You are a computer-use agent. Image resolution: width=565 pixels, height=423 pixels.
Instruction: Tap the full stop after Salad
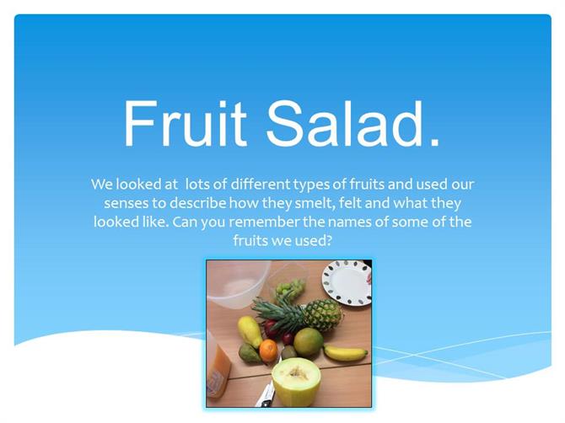435,143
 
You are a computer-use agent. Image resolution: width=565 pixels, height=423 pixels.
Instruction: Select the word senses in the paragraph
126,203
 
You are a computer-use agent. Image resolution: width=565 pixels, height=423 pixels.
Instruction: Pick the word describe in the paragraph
197,203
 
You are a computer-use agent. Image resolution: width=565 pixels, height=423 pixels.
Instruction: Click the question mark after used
328,240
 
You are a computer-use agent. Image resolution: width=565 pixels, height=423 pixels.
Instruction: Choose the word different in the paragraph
261,184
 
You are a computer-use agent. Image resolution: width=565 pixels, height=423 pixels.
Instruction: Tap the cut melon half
295,382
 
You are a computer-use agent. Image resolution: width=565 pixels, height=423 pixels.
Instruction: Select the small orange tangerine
268,351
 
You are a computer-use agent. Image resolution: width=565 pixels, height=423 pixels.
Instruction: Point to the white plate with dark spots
347,283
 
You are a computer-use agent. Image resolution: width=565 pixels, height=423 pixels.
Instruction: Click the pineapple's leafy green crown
280,313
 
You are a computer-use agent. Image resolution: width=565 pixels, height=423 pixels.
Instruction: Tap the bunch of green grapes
290,289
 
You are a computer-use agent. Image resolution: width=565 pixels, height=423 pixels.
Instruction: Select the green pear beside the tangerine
250,353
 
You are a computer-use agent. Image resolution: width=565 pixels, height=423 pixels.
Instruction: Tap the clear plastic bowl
238,285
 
